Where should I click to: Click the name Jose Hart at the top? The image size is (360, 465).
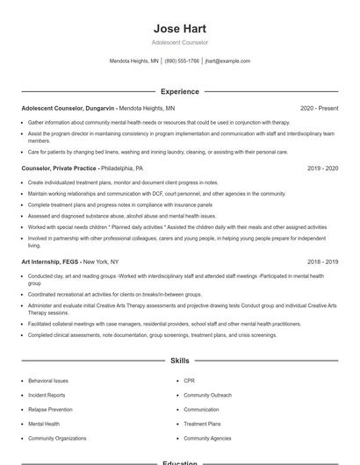(179, 29)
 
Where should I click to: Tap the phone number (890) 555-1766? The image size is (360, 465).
(182, 61)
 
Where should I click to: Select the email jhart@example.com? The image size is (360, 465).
(227, 61)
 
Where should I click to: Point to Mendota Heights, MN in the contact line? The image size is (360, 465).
(133, 61)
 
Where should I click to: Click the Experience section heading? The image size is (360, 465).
(179, 91)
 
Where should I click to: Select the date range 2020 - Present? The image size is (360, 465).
(319, 109)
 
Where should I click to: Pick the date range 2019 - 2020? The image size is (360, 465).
(322, 168)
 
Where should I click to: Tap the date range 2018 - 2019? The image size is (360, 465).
(322, 261)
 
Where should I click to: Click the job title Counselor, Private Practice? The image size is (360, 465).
(59, 168)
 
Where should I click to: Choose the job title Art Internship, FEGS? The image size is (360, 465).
(50, 261)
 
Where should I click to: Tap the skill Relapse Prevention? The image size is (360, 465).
(50, 409)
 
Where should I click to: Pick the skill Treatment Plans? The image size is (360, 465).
(201, 424)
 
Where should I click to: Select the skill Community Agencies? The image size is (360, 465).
(207, 438)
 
